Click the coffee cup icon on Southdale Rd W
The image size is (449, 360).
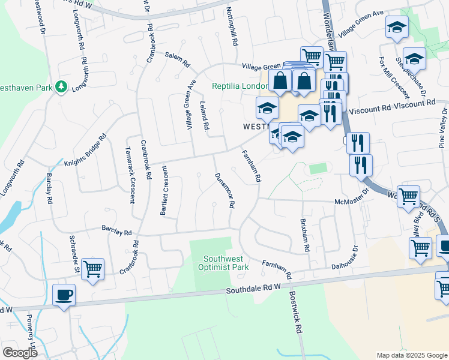(x=64, y=295)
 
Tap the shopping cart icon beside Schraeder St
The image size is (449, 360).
(x=92, y=269)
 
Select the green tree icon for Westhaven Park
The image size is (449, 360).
(x=61, y=87)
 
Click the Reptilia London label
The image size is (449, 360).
(x=237, y=86)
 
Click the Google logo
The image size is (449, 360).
(x=20, y=353)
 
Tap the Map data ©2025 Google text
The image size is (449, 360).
(x=411, y=355)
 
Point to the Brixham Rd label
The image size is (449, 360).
(x=304, y=235)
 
